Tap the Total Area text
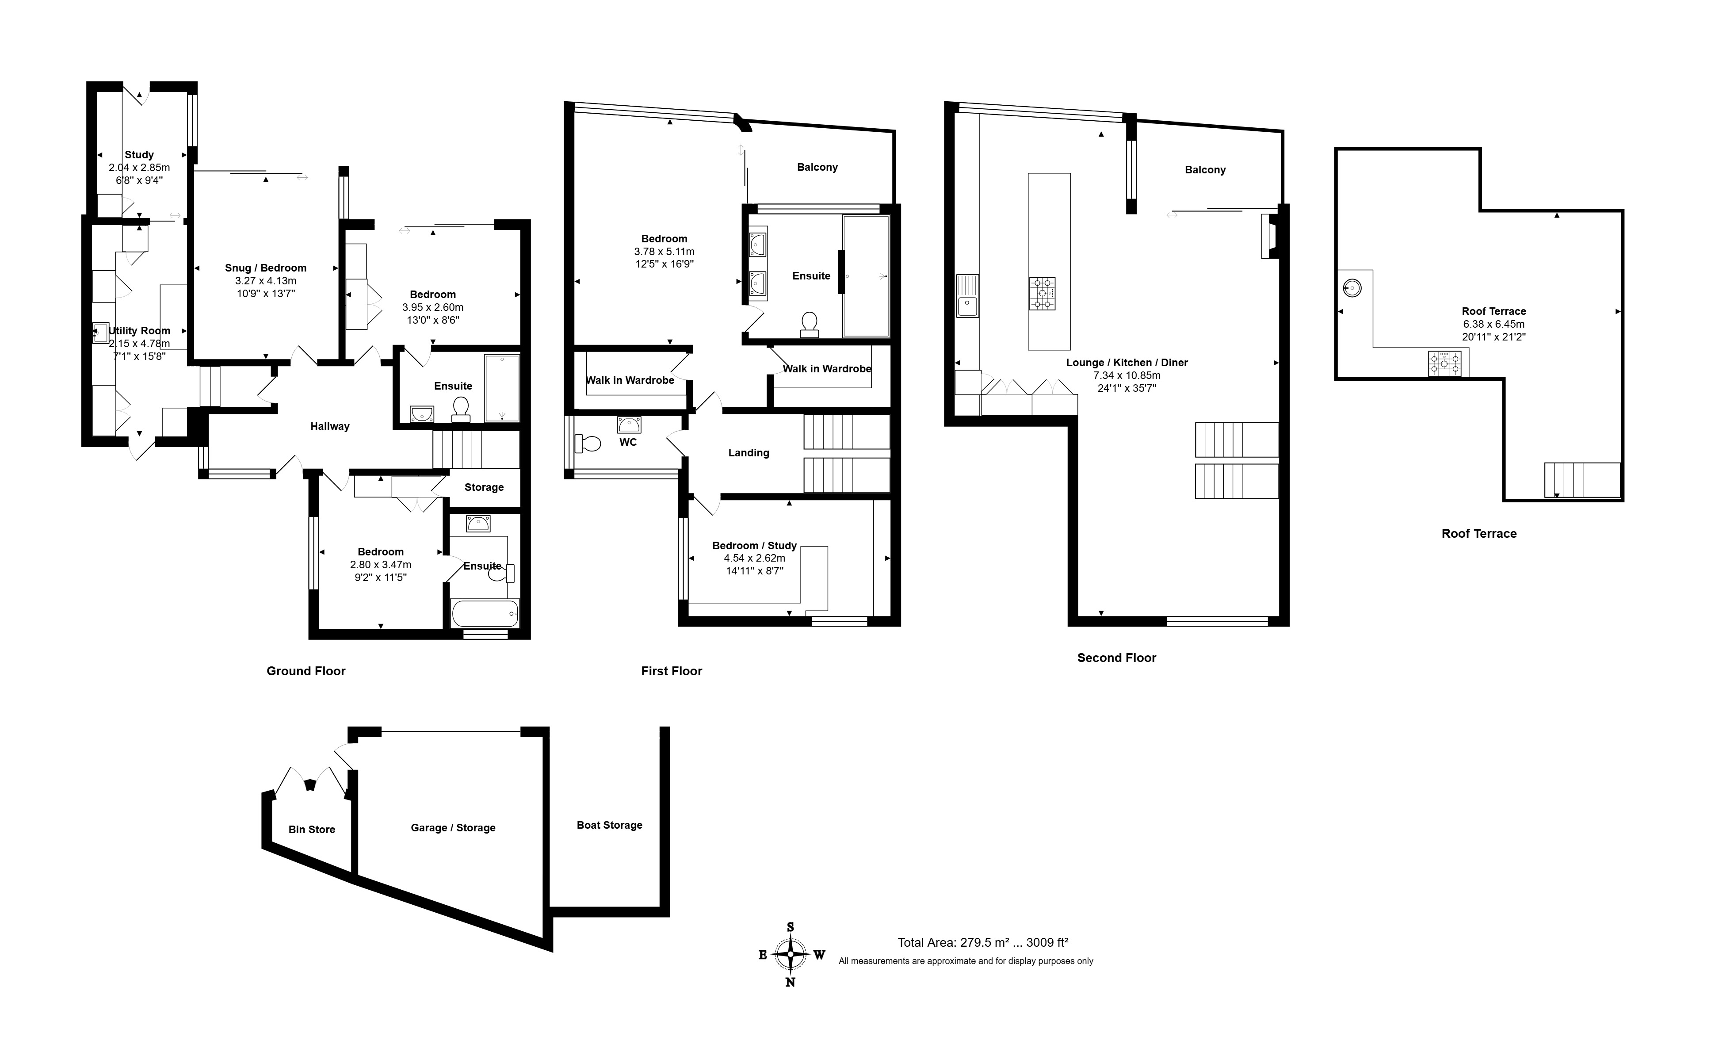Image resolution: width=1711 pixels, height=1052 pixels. click(983, 943)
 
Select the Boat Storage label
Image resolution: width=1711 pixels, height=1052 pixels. click(609, 825)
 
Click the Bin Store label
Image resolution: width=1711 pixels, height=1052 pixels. click(312, 830)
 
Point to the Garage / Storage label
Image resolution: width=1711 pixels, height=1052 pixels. click(453, 827)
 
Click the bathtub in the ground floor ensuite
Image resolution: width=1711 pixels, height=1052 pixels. click(485, 614)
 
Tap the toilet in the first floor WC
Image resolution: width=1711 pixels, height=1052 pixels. click(587, 443)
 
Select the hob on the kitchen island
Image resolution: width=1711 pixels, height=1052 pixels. click(1042, 294)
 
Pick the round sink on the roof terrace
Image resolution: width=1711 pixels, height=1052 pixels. click(1352, 287)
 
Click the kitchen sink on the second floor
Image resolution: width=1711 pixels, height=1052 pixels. click(967, 296)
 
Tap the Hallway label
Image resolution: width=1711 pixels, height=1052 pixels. click(330, 427)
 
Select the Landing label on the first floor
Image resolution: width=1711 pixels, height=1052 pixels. click(749, 453)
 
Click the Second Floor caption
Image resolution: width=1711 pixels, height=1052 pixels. click(1116, 658)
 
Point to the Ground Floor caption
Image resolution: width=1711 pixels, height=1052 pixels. click(306, 671)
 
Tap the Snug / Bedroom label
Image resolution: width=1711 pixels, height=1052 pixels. click(266, 268)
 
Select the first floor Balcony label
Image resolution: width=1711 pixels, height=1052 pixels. click(817, 167)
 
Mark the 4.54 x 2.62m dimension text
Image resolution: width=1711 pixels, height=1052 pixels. click(755, 558)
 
